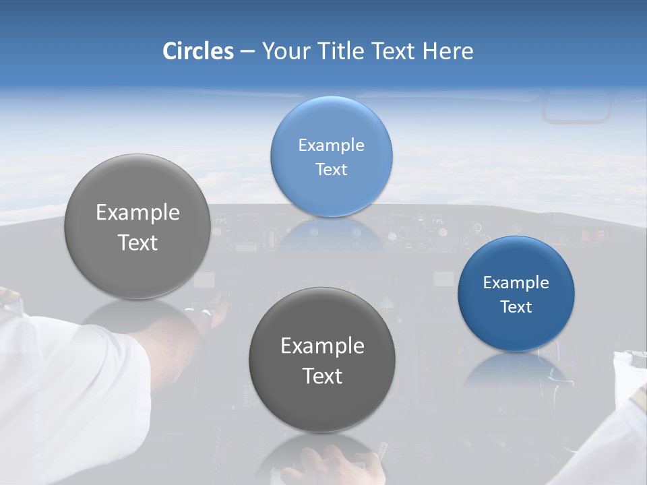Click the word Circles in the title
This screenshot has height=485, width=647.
click(197, 51)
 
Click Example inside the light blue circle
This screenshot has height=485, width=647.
click(331, 145)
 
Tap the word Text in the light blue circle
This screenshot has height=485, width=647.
click(331, 169)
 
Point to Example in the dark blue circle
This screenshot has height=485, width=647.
click(516, 282)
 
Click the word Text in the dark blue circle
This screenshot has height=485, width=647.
click(516, 306)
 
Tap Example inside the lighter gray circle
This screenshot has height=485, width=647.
click(137, 213)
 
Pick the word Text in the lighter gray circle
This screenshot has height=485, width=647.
click(137, 243)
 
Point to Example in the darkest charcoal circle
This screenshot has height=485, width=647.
click(322, 346)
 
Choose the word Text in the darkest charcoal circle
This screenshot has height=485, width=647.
click(322, 376)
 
